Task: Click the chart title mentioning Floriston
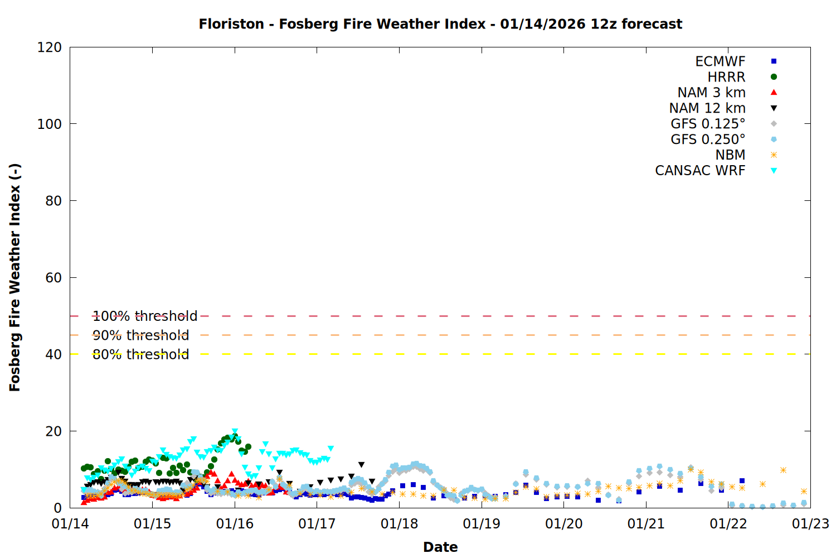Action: (x=440, y=24)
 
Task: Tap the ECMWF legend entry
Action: (x=720, y=61)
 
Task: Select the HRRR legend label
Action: (x=726, y=77)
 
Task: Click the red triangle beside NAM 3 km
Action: (x=774, y=93)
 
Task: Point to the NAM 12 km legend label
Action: (x=707, y=108)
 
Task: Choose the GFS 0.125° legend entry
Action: (x=708, y=124)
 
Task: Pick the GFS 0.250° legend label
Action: (x=708, y=139)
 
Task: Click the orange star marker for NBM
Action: (x=774, y=155)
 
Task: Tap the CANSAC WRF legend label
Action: (x=700, y=171)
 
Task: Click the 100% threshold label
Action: (x=145, y=316)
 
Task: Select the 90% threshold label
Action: (x=140, y=335)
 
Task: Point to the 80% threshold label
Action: (x=140, y=354)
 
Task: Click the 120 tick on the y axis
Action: (x=50, y=47)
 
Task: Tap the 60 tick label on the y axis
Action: (x=54, y=278)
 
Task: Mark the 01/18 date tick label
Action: (x=399, y=524)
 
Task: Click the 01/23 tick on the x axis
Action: (x=810, y=524)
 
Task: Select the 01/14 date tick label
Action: (x=70, y=524)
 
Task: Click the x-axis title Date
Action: (x=440, y=547)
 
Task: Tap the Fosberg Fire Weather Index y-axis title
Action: (x=15, y=277)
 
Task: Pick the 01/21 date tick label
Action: (x=646, y=524)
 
